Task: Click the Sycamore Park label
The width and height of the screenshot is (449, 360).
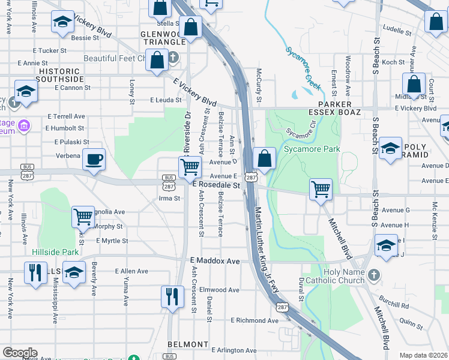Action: [312, 149]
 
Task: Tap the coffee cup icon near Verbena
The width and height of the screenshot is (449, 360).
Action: [94, 160]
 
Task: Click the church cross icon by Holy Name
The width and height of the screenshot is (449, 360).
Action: [373, 275]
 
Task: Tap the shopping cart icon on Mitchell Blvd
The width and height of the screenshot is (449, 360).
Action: [321, 189]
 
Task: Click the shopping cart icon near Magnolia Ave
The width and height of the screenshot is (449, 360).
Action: [83, 216]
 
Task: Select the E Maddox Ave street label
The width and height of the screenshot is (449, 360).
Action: [215, 262]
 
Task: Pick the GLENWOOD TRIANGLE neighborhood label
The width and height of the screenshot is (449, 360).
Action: [163, 38]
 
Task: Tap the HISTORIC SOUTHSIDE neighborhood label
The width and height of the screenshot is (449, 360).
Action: [60, 75]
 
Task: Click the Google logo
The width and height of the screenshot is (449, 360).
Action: [20, 353]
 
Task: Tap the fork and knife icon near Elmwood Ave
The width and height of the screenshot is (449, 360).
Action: [172, 296]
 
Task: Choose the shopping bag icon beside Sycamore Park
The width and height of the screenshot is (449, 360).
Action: [264, 158]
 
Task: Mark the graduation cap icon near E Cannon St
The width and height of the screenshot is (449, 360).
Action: [26, 91]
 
